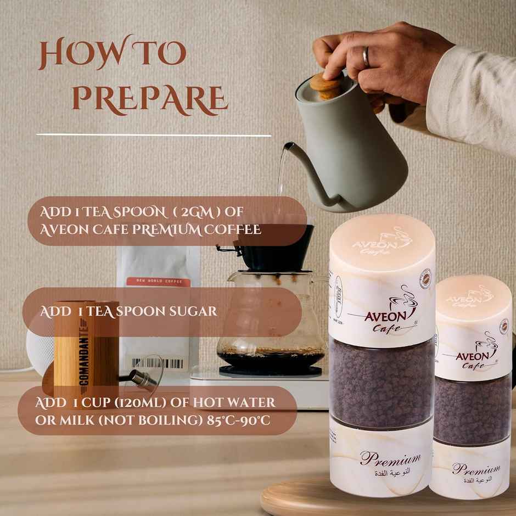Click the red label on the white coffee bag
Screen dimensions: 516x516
158,282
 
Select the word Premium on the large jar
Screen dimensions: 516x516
390,458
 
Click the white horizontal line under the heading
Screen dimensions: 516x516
154,134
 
